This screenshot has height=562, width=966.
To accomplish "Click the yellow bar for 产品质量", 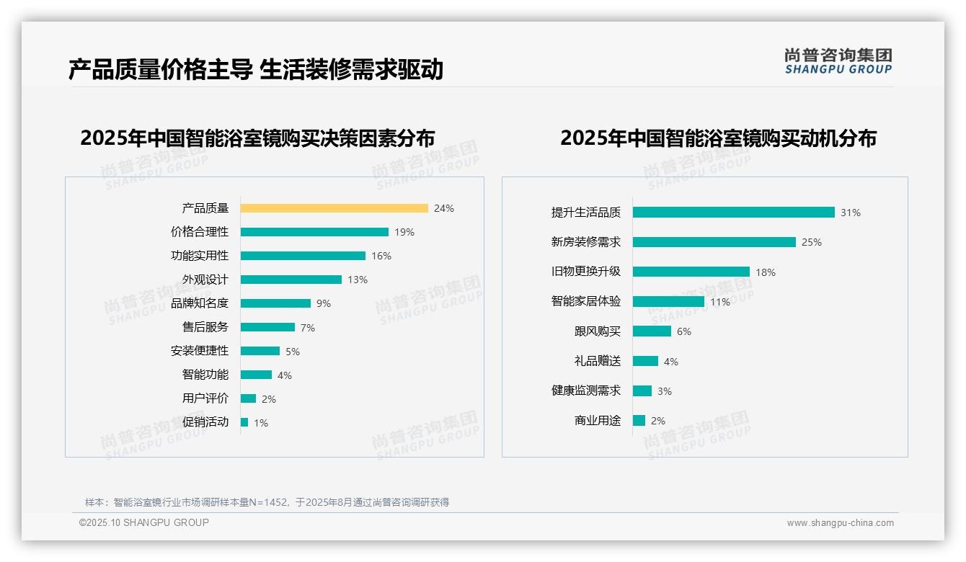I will point(334,208).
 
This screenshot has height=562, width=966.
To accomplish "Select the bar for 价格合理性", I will point(314,232).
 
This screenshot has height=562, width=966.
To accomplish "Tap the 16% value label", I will point(381,256).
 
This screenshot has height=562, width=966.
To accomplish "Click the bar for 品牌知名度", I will point(275,303).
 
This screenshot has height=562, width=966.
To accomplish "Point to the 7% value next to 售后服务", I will point(308,328).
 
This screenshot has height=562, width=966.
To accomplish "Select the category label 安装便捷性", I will point(200,351).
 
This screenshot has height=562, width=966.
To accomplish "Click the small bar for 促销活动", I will point(244,422).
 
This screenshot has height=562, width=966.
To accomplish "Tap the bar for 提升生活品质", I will point(733,213).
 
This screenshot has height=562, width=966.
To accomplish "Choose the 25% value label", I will point(812,242).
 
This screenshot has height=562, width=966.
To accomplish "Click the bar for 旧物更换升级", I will point(691,272).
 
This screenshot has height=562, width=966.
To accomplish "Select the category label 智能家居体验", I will point(586,301).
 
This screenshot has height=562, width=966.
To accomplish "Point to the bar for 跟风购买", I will point(652,331).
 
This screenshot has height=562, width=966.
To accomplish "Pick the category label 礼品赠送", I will point(598,361).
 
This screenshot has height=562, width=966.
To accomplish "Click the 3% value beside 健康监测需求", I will point(665,391).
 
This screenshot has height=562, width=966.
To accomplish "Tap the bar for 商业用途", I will point(639,421).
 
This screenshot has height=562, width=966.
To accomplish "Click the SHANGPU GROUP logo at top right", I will point(838,61).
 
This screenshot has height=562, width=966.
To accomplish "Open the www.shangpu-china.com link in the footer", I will point(840,523).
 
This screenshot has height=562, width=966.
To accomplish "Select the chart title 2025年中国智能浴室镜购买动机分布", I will point(718,138).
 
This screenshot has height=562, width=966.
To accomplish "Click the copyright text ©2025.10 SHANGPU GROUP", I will point(144,522).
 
